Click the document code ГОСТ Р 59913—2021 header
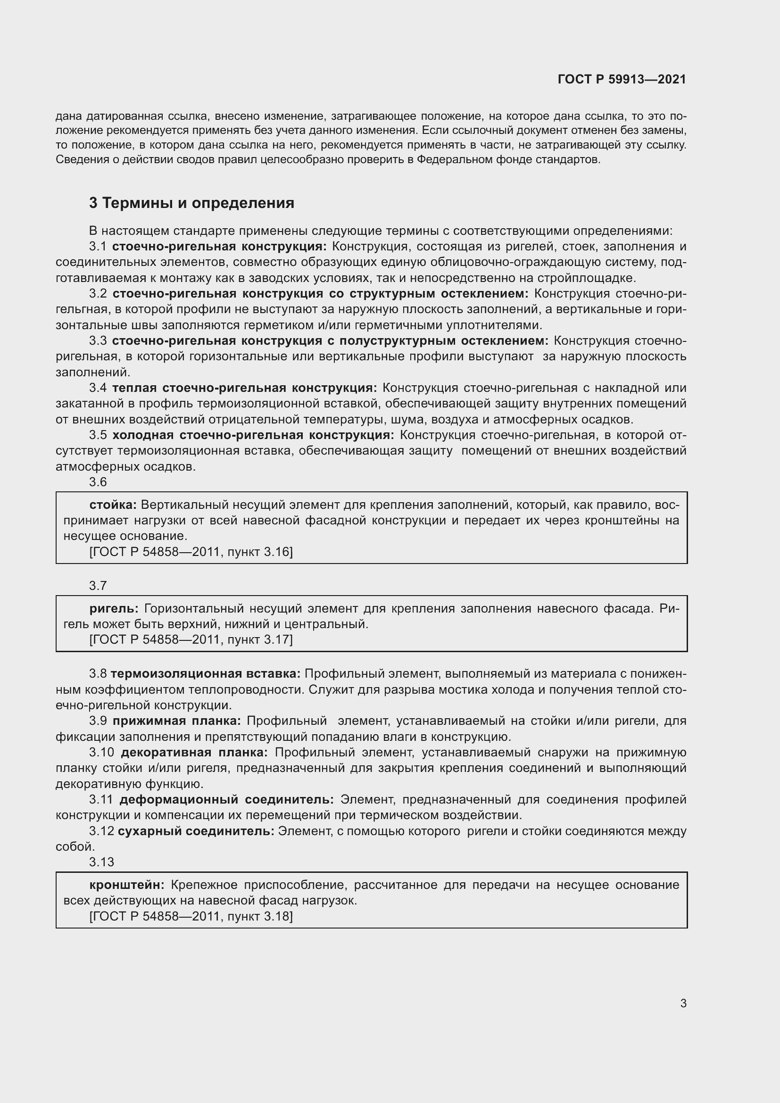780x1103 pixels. pos(622,79)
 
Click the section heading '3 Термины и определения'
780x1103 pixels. pos(191,203)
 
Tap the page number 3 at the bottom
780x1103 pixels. pos(683,1003)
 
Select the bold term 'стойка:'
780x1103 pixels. pos(113,505)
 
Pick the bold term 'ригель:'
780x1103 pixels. pos(114,609)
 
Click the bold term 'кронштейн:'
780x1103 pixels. pos(127,885)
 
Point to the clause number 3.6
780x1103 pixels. pos(98,482)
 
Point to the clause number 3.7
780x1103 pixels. pos(98,586)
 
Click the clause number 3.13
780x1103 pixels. pos(101,862)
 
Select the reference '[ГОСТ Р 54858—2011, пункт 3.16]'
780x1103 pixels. pos(191,552)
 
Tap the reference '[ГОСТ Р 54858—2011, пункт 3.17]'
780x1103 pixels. pos(191,639)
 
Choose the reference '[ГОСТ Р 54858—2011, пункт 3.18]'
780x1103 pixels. pos(191,916)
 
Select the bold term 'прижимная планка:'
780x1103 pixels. pos(177,721)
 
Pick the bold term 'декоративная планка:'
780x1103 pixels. pos(194,752)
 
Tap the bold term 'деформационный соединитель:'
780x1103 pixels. pos(226,799)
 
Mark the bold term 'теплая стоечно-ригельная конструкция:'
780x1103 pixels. pos(244,388)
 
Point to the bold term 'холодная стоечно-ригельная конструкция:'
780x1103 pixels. pos(253,435)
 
